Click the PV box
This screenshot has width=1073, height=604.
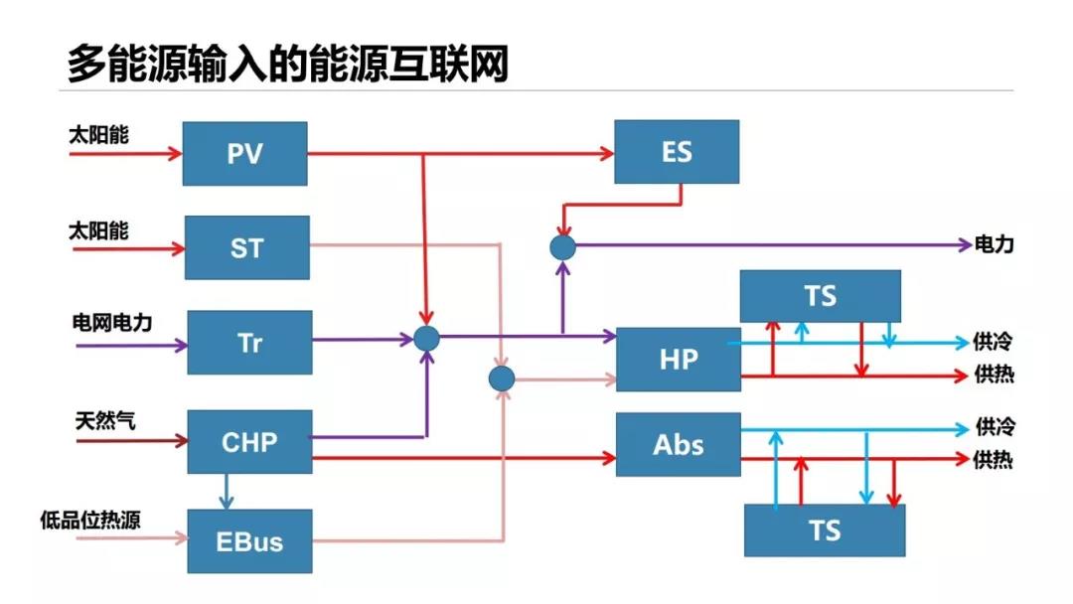point(245,153)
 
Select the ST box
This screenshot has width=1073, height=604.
point(247,246)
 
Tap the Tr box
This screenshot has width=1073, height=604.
point(249,342)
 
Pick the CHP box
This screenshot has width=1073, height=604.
point(249,441)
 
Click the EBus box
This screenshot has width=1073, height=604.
point(249,541)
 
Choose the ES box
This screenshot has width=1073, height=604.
point(676,152)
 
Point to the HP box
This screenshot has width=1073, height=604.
point(679,359)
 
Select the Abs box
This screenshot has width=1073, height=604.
point(679,444)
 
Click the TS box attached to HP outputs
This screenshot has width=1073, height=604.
point(821,295)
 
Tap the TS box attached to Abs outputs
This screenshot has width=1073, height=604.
point(825,529)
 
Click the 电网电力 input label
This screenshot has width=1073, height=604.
point(112,322)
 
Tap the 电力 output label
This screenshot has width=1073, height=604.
point(995,244)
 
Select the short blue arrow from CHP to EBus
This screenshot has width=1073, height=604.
point(228,491)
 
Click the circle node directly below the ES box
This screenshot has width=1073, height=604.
point(563,246)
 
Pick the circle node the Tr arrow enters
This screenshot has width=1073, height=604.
point(426,339)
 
